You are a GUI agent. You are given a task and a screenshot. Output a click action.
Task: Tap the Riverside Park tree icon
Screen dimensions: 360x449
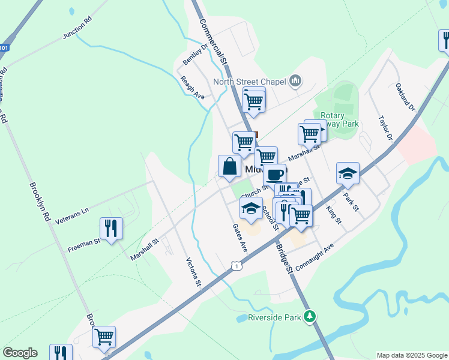[310, 316]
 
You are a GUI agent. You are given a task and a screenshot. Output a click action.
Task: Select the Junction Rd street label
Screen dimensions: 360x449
[77, 28]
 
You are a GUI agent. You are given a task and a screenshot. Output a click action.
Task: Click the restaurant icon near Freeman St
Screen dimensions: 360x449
[111, 229]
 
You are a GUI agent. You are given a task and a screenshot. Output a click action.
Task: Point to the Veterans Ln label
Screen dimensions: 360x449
[71, 217]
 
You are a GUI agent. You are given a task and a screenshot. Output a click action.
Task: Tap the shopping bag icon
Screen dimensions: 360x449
[230, 167]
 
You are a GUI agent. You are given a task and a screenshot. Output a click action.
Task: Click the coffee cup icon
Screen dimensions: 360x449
[274, 175]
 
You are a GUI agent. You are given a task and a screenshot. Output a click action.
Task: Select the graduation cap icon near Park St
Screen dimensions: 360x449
[348, 173]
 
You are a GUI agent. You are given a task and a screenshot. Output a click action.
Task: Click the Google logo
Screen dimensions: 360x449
[20, 353]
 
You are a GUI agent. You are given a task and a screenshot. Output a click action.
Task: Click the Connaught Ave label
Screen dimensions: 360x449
[313, 257]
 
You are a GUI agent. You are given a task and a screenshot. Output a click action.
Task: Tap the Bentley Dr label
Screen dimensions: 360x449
[195, 55]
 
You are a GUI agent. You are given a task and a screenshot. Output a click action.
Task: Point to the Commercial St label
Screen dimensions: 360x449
[212, 41]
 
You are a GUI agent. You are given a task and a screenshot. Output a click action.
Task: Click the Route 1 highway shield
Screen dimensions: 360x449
[237, 265]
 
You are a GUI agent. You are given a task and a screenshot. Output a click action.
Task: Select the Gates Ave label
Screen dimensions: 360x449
[240, 238]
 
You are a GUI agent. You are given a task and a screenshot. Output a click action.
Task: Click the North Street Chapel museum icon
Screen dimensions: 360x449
[295, 80]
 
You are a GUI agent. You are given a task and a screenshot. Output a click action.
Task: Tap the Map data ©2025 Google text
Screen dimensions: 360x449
[411, 355]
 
